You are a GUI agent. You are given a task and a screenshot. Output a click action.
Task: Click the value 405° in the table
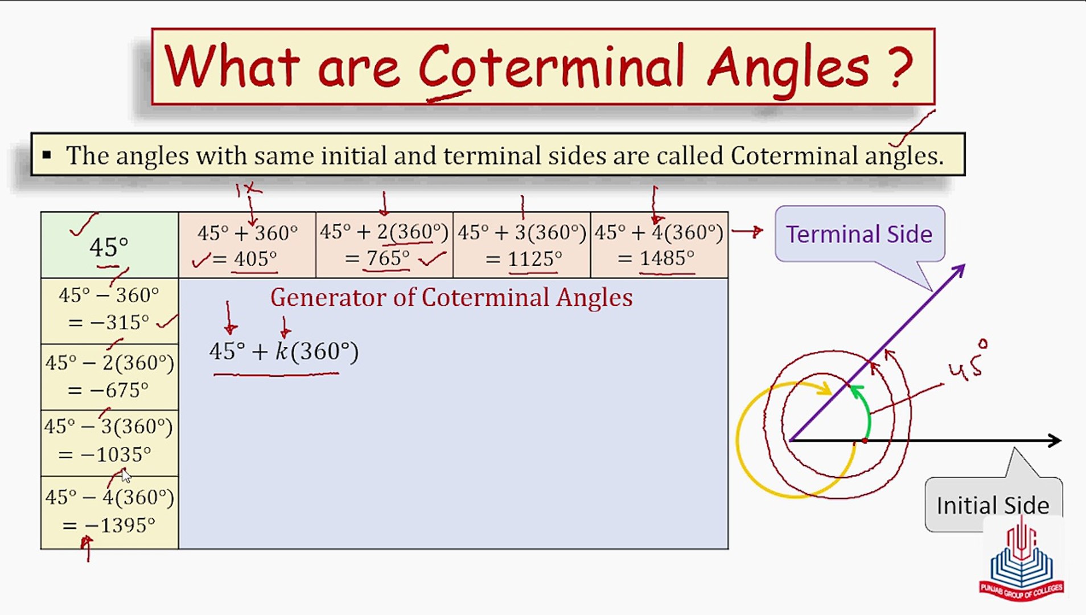point(255,259)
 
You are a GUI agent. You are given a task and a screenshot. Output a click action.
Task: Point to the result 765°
point(388,259)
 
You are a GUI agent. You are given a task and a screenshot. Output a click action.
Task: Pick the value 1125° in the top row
point(534,259)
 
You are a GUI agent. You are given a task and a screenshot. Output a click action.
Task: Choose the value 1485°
point(667,259)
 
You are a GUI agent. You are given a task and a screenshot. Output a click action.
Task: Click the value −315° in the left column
point(120,322)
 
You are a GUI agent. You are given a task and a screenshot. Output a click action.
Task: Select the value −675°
point(119,390)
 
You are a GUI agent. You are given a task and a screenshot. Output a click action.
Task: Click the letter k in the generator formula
point(282,351)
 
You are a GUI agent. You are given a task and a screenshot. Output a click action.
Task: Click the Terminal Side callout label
point(858,234)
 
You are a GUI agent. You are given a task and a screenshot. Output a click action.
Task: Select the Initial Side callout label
point(992,505)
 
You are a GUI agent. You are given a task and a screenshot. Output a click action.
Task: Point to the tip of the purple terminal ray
point(961,268)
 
